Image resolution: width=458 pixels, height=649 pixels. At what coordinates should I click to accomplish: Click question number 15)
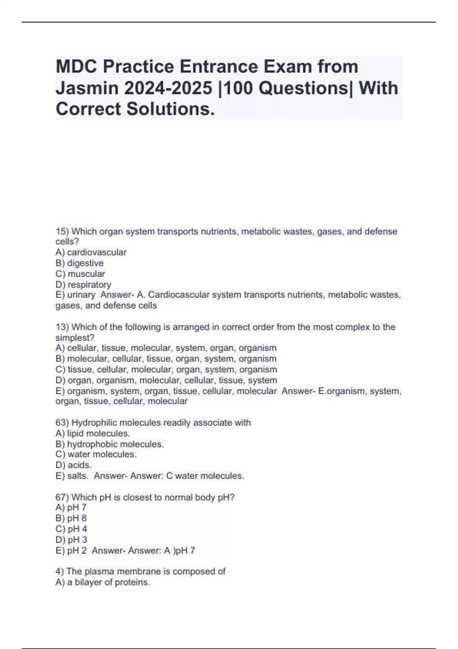62,231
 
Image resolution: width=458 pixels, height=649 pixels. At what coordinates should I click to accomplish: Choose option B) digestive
79,263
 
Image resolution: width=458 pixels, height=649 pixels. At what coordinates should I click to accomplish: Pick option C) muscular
80,274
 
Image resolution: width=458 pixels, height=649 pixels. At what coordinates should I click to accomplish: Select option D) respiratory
83,284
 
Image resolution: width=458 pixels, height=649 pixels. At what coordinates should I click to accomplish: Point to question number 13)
62,327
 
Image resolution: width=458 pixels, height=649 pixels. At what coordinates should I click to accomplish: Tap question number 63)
62,423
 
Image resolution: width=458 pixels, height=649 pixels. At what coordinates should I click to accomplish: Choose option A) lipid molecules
93,433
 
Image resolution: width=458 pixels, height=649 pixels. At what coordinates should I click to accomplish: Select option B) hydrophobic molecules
110,444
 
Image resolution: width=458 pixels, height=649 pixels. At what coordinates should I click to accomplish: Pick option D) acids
74,465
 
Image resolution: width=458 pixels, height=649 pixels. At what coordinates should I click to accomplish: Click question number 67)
62,497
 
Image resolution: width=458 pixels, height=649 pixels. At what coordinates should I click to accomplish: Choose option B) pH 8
71,518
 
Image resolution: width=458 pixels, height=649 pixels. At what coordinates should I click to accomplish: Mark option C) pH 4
71,529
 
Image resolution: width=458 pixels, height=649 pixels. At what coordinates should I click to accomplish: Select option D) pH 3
71,539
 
